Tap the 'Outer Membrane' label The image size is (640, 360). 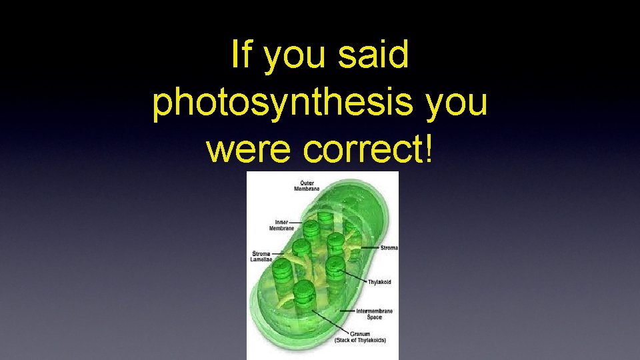click(x=307, y=185)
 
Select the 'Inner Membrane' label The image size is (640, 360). click(x=281, y=225)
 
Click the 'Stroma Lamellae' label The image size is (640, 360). click(x=261, y=256)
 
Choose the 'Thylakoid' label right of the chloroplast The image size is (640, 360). click(x=379, y=282)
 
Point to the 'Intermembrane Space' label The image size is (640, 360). click(x=374, y=314)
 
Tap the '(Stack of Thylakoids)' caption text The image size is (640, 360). click(x=360, y=341)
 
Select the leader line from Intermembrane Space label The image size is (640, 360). click(x=348, y=311)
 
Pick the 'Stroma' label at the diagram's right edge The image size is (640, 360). click(x=389, y=248)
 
